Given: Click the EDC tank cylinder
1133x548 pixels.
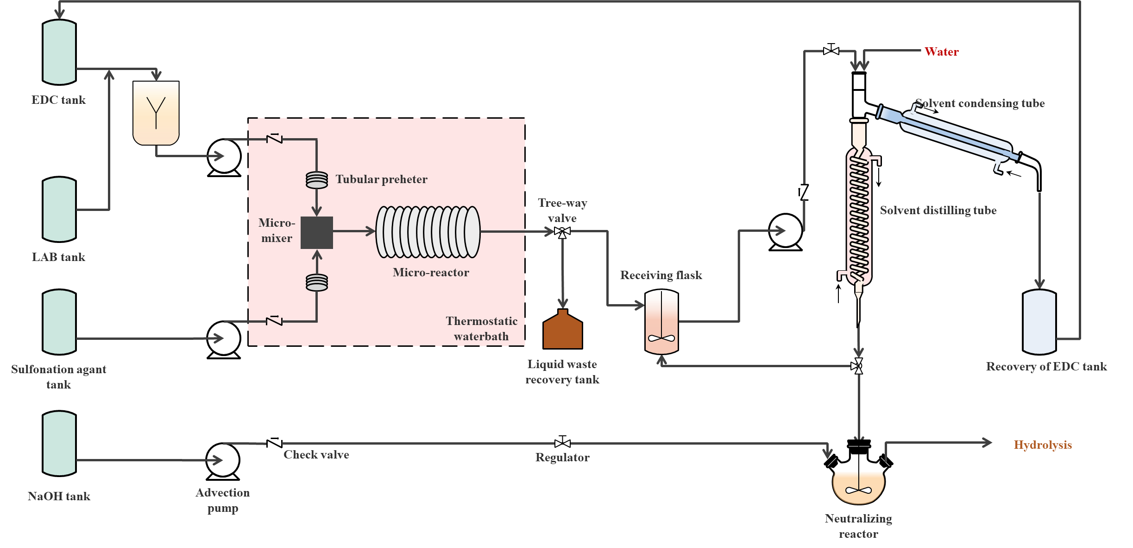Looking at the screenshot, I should (59, 52).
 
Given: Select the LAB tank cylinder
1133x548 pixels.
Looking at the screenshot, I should (59, 209).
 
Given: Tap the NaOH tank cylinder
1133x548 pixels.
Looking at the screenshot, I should (59, 444).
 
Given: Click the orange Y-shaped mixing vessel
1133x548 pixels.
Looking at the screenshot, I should (156, 113).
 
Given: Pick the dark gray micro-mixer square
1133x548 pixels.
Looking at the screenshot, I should (317, 233).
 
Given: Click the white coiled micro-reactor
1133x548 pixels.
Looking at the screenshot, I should (428, 232).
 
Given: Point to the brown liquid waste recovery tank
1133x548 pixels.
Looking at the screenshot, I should (562, 331).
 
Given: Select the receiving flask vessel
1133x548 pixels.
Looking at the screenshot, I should (661, 322).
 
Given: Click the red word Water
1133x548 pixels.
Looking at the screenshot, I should (941, 51).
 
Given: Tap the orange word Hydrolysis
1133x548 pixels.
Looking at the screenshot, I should (1043, 445).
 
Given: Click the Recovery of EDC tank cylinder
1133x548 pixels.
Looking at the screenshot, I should (1039, 322).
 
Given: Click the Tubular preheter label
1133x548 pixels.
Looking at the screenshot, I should (381, 179).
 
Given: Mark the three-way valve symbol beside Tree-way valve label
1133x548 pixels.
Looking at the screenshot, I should (562, 231).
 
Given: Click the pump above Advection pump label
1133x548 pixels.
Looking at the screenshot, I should (223, 460).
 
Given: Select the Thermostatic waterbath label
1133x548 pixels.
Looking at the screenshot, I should (481, 329).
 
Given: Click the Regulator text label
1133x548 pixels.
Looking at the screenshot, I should (562, 458).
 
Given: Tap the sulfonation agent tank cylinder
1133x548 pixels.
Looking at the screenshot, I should (59, 322).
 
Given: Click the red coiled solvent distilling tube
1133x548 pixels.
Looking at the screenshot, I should (859, 217).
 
